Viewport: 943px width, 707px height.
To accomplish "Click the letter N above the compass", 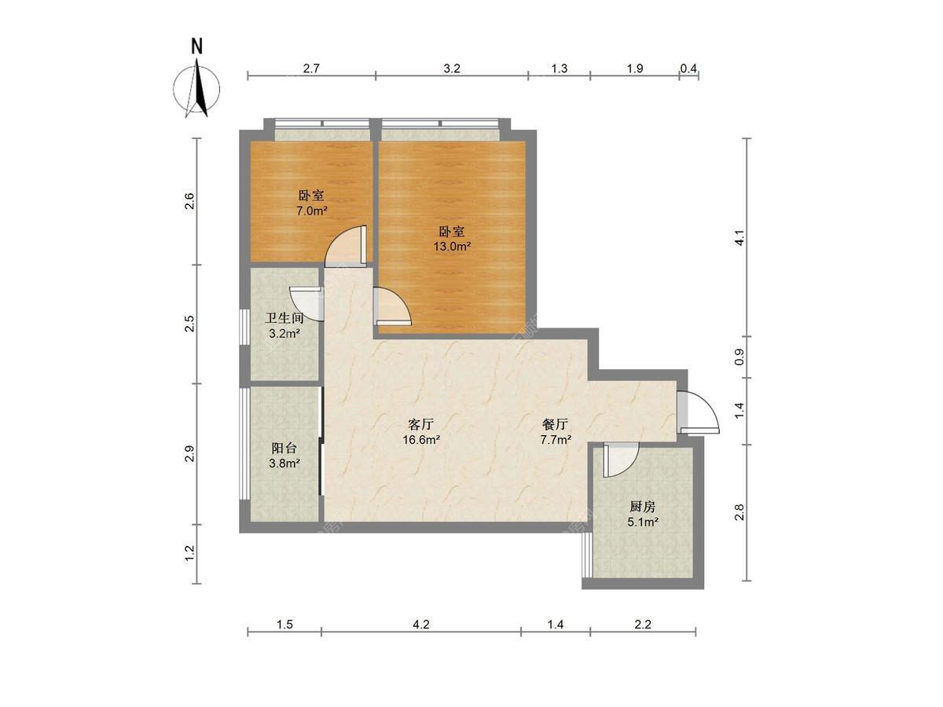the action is coord(196,46).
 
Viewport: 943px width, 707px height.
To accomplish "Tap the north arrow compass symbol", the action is coord(196,89).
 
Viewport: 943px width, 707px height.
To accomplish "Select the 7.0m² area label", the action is coord(312,211).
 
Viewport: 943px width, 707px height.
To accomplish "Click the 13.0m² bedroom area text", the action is coord(452,247).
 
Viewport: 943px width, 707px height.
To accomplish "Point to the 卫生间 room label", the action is coord(284,318).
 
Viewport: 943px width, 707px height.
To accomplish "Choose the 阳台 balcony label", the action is coord(284,448).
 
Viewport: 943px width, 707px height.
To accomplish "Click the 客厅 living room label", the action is coord(421,424).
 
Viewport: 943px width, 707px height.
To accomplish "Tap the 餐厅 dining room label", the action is coord(556,424).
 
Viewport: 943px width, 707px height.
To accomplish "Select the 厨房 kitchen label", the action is coord(643,507).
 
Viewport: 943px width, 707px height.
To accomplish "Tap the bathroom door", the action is coord(306,303).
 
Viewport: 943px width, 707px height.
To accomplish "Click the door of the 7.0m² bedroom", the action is coord(347,246).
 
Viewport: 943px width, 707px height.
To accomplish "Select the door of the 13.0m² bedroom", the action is coord(392,306).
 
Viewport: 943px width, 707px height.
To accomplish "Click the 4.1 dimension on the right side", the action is coord(739,237).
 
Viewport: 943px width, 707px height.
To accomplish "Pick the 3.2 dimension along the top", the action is coord(452,68).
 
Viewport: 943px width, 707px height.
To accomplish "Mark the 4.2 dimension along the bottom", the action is coord(421,625).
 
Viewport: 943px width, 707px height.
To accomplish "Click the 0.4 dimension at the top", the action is coord(688,68).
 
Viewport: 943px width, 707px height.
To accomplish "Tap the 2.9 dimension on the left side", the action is coord(189,453).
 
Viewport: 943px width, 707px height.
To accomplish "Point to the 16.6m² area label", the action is coord(421,440).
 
